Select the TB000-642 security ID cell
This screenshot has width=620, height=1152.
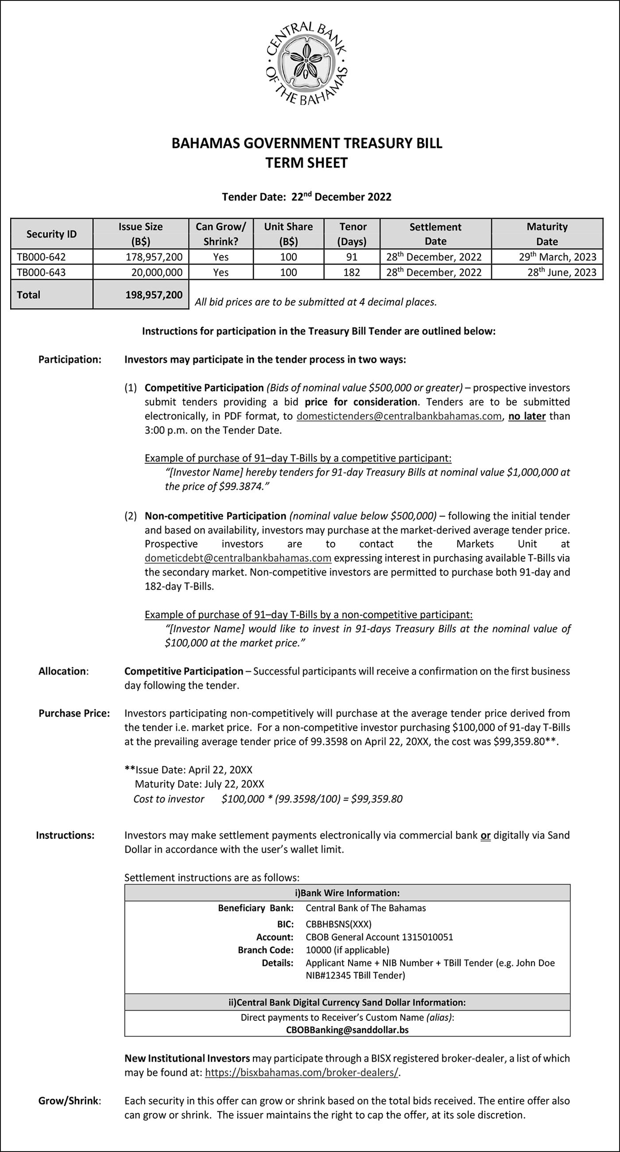(41, 257)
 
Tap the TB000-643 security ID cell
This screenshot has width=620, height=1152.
(41, 272)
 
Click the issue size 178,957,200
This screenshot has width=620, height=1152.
(153, 257)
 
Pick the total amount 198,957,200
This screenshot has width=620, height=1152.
(153, 295)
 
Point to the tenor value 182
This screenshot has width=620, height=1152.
(352, 272)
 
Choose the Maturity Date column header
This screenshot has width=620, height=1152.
(546, 234)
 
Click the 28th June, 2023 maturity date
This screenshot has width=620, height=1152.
(562, 272)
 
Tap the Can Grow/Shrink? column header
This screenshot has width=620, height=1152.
(221, 234)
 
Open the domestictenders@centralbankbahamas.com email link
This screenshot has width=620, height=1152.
(399, 416)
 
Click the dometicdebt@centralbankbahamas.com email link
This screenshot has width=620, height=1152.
(238, 558)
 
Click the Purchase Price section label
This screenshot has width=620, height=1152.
(74, 713)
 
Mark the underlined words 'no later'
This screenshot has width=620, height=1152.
(527, 416)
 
